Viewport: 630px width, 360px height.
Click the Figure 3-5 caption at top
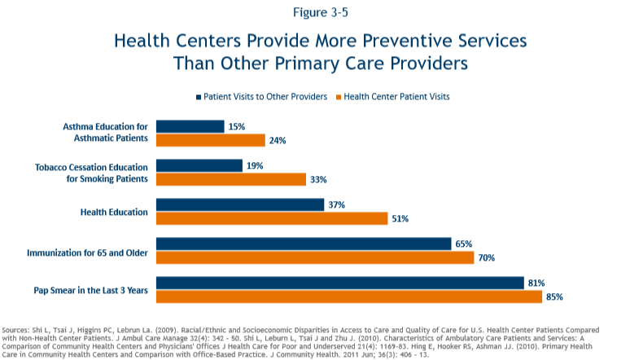point(314,12)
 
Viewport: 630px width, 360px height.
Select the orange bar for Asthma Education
point(210,140)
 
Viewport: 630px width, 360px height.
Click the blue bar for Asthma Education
point(190,126)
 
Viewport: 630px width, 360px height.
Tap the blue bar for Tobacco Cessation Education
point(199,165)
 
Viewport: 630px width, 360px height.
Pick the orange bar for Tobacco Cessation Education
point(230,179)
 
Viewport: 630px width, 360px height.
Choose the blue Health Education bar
point(239,204)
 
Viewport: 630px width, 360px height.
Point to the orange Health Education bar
point(271,218)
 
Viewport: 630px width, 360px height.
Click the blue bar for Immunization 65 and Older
point(303,244)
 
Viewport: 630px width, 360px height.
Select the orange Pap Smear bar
point(348,296)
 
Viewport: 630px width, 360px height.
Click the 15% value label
point(237,126)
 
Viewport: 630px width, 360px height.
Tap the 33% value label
point(318,179)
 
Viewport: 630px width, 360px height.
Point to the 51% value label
point(400,218)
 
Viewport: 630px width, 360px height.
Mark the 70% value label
point(487,257)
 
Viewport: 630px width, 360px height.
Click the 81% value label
point(536,283)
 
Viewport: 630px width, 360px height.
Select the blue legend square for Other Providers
point(198,97)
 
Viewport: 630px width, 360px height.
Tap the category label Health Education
point(114,212)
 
